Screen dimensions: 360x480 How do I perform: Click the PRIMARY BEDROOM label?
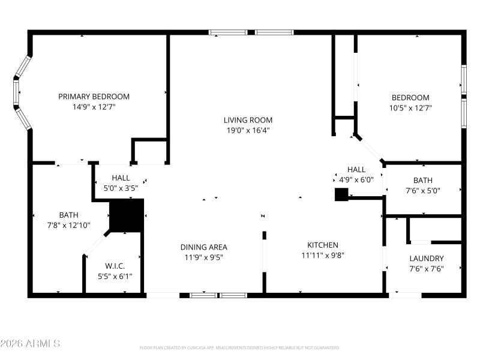point(94,97)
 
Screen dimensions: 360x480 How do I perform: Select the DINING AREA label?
point(204,247)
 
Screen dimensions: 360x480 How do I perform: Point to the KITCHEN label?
point(323,245)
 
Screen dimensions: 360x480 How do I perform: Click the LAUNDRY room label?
point(427,259)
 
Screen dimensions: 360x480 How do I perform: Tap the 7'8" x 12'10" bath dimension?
point(68,225)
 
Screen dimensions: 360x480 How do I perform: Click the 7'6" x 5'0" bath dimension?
point(422,191)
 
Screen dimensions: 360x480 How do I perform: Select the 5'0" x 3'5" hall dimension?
point(121,188)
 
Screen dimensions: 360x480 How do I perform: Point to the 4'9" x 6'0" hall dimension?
point(356,179)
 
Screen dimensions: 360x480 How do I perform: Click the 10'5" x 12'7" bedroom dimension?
point(410,108)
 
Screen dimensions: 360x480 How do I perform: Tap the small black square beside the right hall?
point(341,194)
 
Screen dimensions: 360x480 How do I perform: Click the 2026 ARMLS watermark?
point(30,344)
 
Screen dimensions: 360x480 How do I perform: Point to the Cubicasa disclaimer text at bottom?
point(239,347)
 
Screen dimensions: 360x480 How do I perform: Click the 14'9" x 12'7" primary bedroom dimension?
point(94,107)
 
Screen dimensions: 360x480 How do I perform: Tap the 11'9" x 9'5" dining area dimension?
point(204,257)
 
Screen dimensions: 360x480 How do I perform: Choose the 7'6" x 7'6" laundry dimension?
point(427,269)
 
